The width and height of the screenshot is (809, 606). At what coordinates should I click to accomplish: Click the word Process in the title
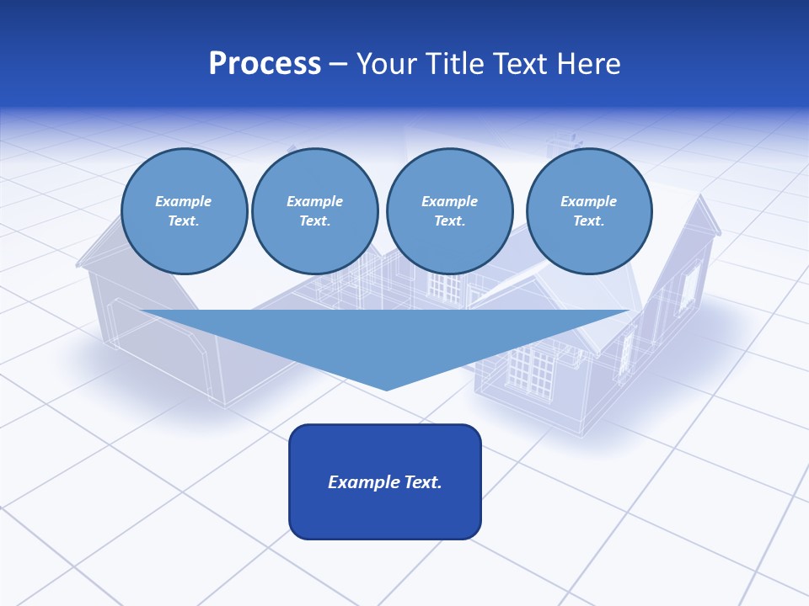click(x=265, y=64)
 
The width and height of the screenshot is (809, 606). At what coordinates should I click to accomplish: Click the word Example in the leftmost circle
click(x=184, y=201)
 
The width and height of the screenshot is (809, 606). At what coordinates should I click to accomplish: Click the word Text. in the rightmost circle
click(x=588, y=221)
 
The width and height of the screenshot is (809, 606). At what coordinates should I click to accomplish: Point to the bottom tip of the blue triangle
click(x=387, y=389)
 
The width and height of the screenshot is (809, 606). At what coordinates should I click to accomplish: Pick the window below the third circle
click(x=444, y=286)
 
